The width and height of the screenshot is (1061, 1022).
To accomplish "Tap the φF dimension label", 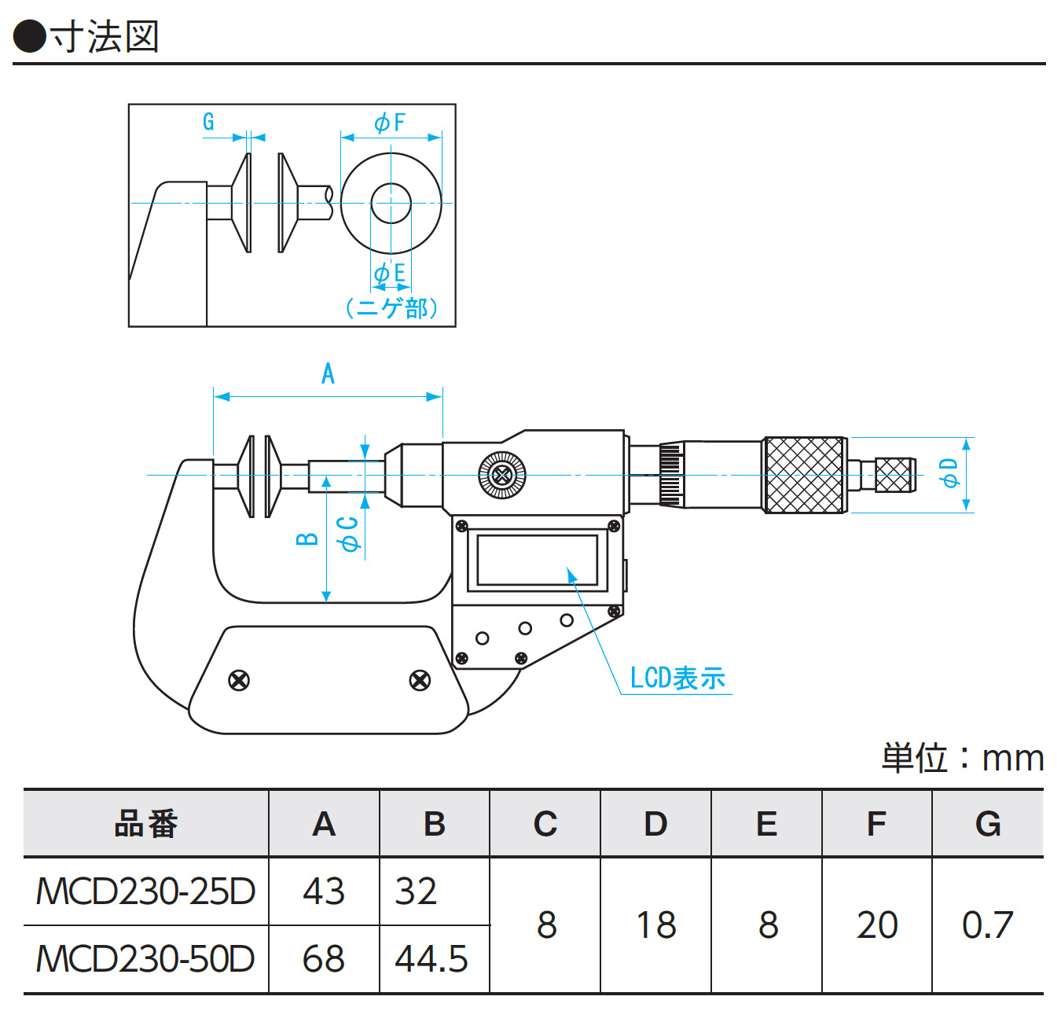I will click(x=390, y=122).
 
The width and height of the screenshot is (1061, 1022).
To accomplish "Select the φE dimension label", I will click(x=390, y=273).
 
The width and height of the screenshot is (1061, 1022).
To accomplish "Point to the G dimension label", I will click(x=208, y=122).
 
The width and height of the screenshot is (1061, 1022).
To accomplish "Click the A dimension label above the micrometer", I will click(x=328, y=373).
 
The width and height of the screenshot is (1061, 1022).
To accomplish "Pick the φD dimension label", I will click(x=950, y=473).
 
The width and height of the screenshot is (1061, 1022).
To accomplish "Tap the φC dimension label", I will click(x=348, y=532).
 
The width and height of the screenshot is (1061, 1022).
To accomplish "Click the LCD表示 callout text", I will click(x=677, y=678).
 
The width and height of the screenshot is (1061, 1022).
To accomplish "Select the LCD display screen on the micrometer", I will click(x=537, y=560).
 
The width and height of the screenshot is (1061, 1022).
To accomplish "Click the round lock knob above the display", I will click(x=502, y=475).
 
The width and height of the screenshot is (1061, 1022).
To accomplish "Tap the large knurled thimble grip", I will click(x=804, y=475).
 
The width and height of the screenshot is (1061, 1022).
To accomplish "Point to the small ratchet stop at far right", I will click(x=894, y=475).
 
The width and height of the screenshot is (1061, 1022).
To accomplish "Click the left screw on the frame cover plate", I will click(x=239, y=680).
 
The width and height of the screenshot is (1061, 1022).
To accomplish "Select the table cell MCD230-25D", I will click(x=146, y=891).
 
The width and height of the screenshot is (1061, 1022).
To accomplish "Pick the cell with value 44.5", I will click(x=431, y=959).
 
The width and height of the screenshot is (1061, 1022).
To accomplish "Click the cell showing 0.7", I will click(x=987, y=925).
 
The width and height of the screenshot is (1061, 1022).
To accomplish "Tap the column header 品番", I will click(x=146, y=824).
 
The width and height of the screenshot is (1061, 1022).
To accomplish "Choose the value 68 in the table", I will click(x=324, y=959).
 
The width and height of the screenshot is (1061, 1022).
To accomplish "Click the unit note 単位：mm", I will click(x=962, y=759).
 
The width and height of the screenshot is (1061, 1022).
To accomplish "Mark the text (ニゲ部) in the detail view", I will click(x=391, y=307).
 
